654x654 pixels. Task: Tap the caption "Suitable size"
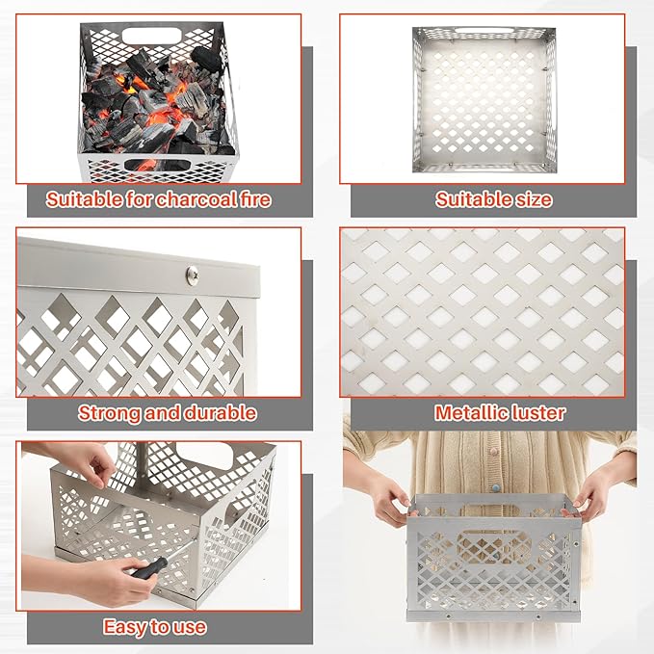pyautogui.click(x=493, y=200)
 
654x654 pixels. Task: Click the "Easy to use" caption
pyautogui.click(x=155, y=627)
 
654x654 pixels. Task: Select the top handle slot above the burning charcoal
pyautogui.click(x=158, y=40)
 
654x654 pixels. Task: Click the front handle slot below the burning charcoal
pyautogui.click(x=160, y=165)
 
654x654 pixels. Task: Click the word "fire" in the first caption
pyautogui.click(x=251, y=200)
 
